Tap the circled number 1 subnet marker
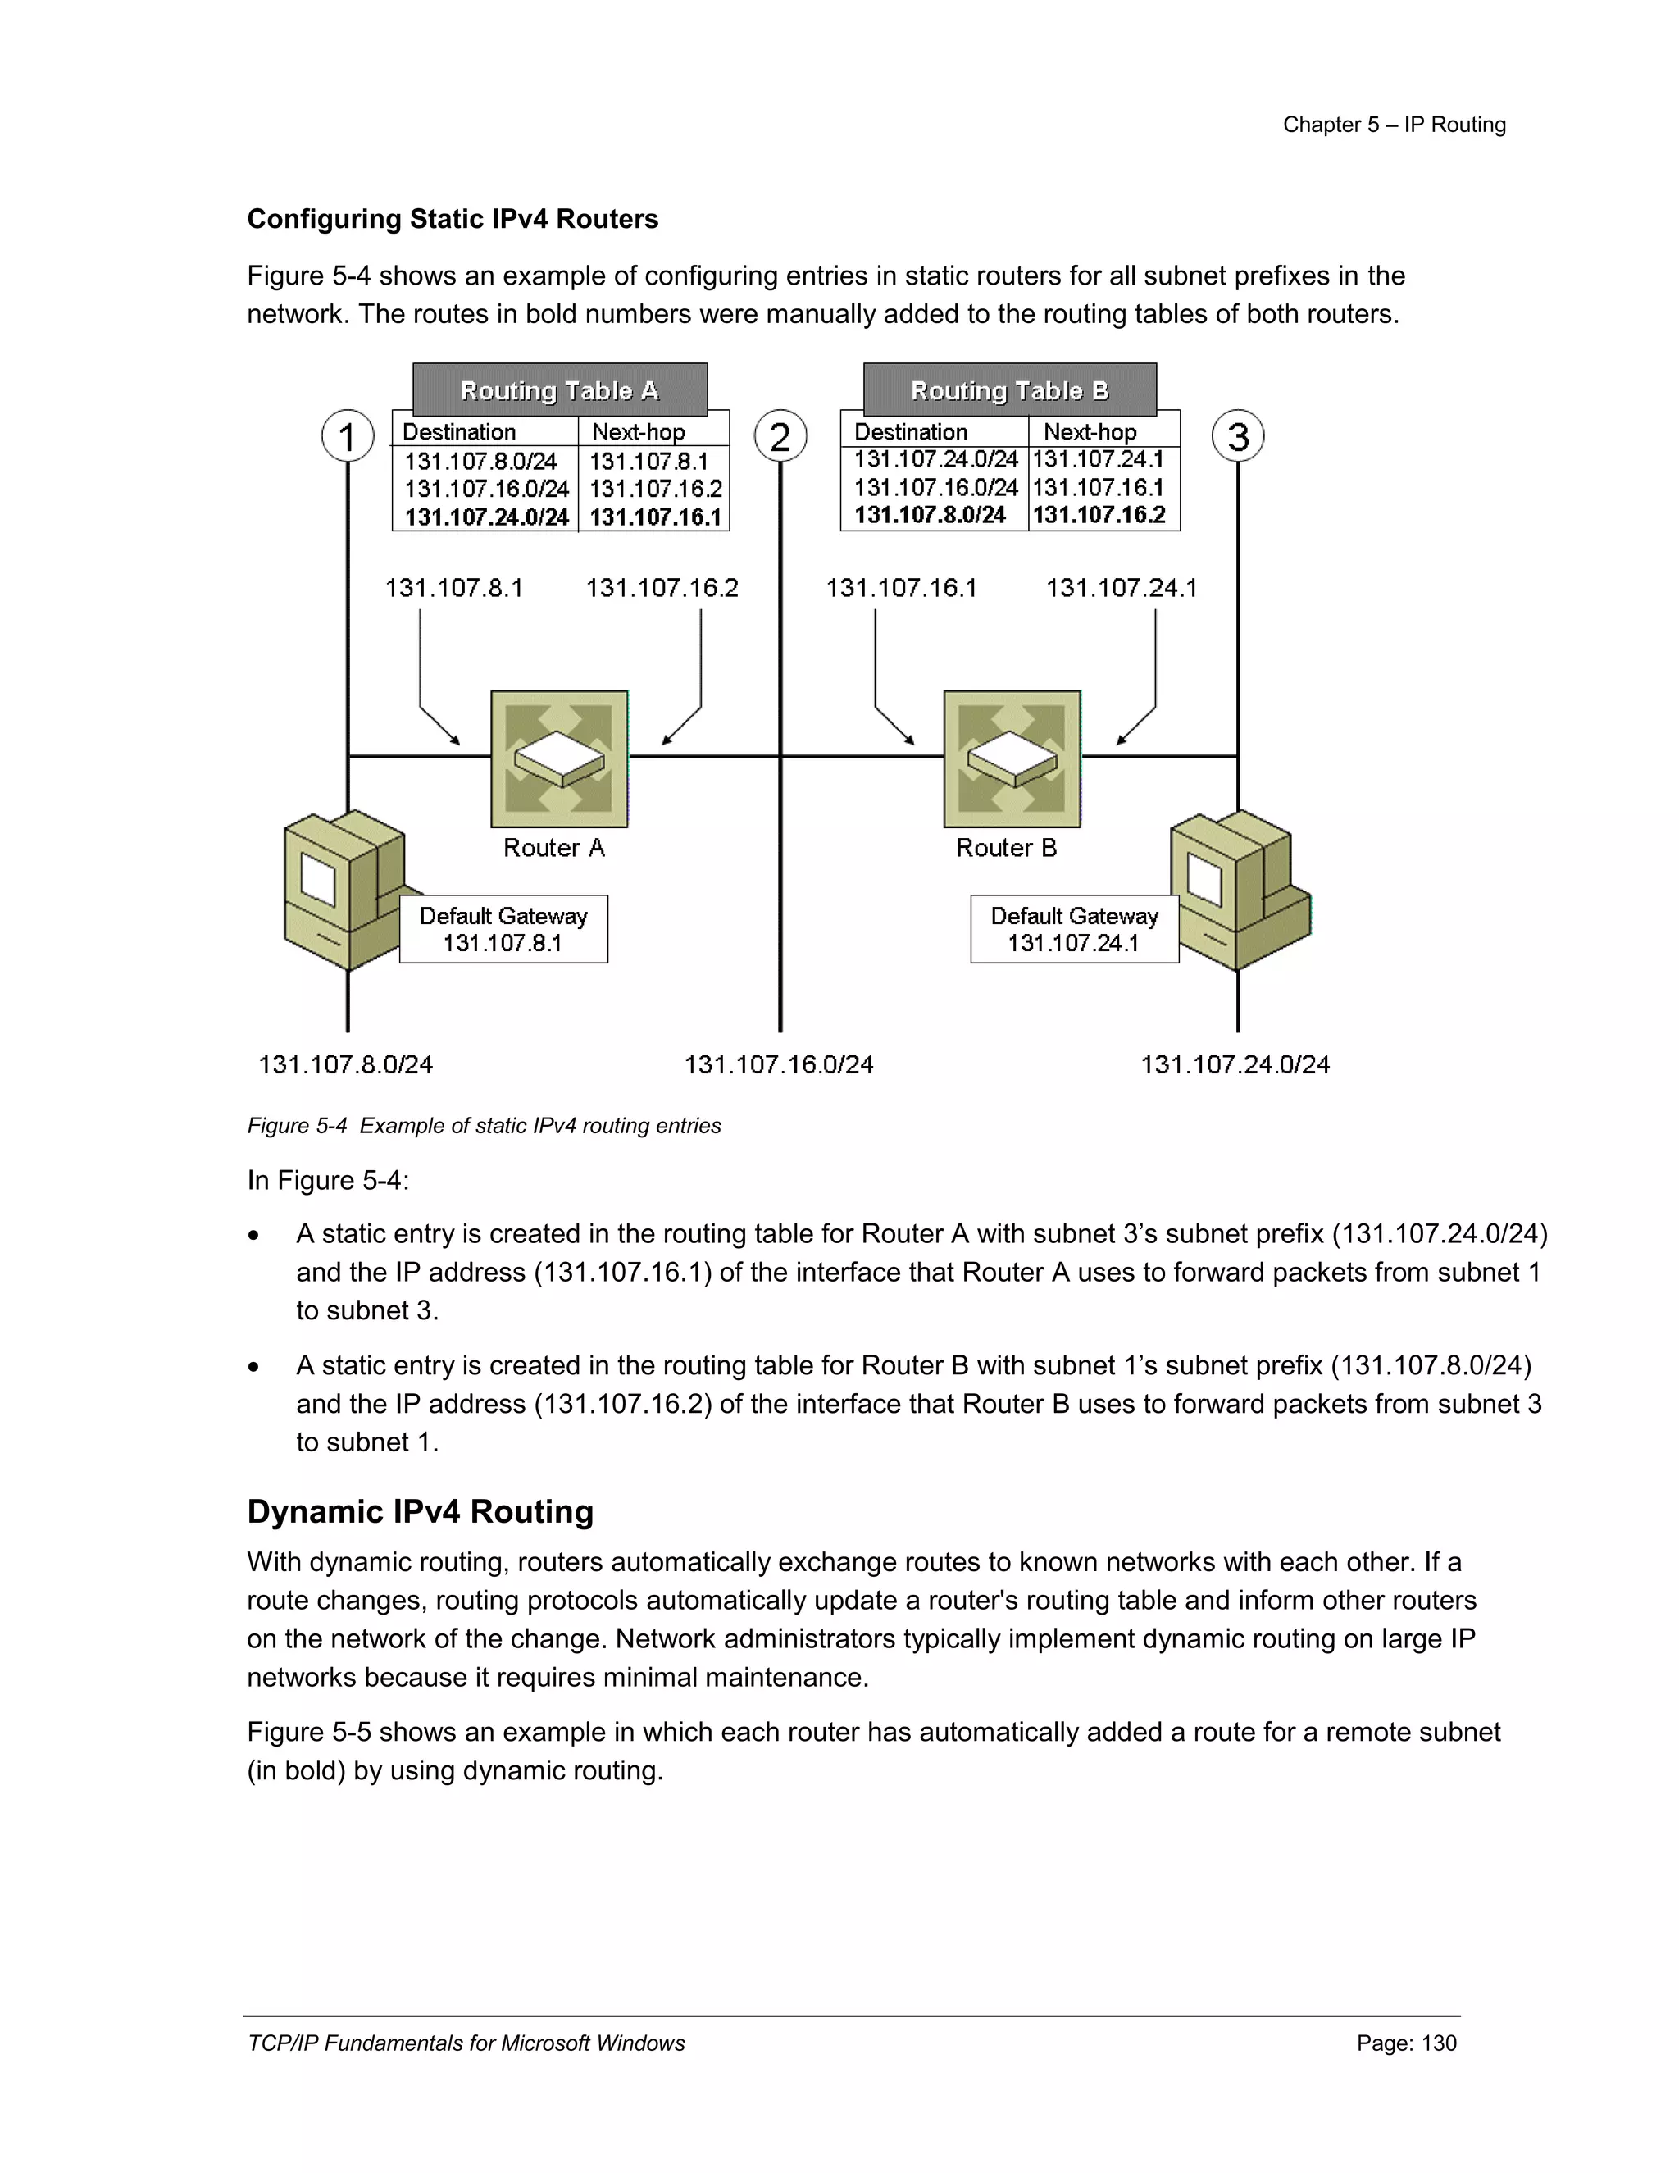coord(347,435)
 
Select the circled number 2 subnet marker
coord(780,435)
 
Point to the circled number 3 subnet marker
coord(1237,435)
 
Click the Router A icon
coord(559,759)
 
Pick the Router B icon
coord(1012,759)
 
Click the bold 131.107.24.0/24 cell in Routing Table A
coord(486,517)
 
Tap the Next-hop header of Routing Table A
coord(639,432)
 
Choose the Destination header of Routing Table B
coord(910,432)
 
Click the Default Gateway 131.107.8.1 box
coord(503,929)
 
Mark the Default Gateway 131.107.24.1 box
coord(1074,929)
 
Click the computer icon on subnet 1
coord(339,889)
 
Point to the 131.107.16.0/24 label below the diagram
coord(778,1064)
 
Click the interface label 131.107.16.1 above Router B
coord(901,588)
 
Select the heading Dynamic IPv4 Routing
coord(420,1511)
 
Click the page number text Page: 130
coord(1405,2043)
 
